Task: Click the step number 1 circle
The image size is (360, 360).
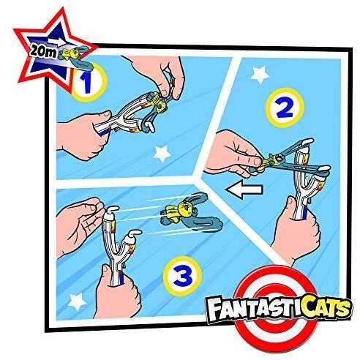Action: tap(88, 82)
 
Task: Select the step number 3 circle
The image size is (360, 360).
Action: tap(183, 276)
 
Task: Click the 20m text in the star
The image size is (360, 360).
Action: tap(43, 52)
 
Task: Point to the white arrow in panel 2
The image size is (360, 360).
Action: tap(244, 190)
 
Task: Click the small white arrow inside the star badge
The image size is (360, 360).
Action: tap(56, 41)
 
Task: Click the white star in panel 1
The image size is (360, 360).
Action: tap(162, 154)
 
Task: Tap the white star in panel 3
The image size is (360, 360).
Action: tap(78, 301)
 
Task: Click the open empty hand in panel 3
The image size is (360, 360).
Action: tap(79, 225)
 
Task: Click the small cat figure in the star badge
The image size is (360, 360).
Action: tap(69, 54)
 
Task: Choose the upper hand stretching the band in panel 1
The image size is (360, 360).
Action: tap(156, 75)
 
